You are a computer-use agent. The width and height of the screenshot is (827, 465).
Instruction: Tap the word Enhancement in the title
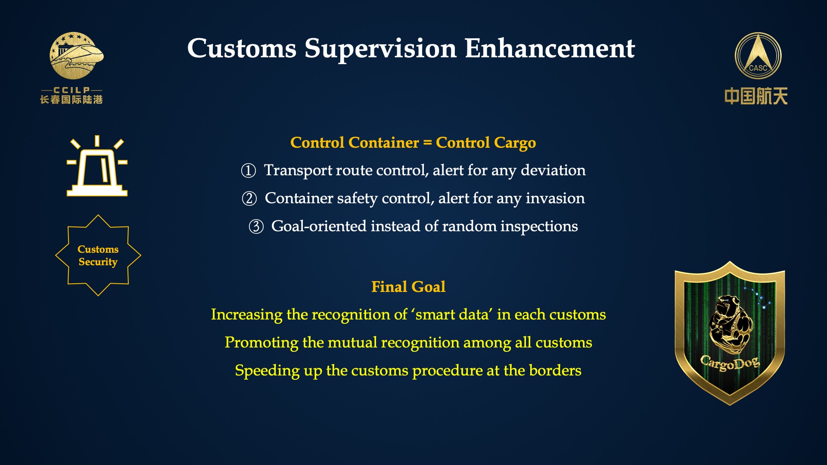[x=550, y=48]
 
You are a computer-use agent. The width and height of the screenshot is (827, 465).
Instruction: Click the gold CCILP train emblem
[x=76, y=56]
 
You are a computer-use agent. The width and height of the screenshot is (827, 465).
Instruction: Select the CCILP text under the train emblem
[x=72, y=90]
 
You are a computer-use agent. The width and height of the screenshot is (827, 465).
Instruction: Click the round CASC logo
[x=758, y=56]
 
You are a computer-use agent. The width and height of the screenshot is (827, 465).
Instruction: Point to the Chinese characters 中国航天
[x=756, y=96]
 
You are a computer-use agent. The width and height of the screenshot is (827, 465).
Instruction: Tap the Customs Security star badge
[x=98, y=255]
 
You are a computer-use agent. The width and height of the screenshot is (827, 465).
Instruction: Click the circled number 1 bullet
[x=249, y=170]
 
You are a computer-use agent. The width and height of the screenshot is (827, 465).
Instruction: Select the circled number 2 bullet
[x=249, y=198]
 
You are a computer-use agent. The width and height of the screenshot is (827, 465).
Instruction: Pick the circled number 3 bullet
[x=256, y=226]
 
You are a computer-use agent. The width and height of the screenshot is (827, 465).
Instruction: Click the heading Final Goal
[x=408, y=287]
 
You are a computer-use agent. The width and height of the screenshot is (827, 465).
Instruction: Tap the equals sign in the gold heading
[x=427, y=143]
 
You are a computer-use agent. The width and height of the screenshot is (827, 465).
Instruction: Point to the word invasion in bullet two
[x=555, y=198]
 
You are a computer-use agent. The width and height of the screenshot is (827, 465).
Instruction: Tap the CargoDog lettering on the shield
[x=730, y=363]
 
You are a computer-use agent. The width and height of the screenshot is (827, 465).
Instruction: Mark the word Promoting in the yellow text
[x=261, y=343]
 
